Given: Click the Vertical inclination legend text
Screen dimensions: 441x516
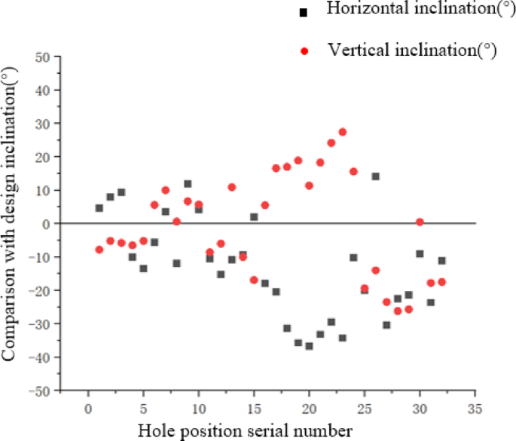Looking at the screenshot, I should click(x=413, y=50).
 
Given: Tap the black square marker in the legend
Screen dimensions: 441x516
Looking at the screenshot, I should click(x=304, y=12).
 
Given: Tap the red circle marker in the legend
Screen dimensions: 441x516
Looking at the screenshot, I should click(x=304, y=51).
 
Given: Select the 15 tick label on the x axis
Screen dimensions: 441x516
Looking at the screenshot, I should click(x=254, y=409).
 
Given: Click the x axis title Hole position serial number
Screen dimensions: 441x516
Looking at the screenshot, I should click(x=244, y=430).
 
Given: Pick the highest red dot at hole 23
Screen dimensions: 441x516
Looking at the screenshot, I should click(x=343, y=132).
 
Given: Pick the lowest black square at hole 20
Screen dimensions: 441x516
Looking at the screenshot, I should click(x=309, y=346).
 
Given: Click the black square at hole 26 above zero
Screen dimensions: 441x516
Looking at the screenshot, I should click(x=375, y=176).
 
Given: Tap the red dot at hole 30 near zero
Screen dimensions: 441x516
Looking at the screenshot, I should click(x=420, y=222).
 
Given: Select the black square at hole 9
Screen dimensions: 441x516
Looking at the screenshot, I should click(x=188, y=184).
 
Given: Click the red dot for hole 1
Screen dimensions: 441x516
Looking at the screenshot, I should click(x=99, y=250).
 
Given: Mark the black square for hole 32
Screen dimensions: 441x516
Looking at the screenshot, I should click(x=442, y=261).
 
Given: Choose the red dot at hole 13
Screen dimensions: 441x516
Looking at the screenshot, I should click(x=232, y=187).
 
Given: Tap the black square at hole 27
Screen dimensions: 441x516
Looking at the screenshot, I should click(x=386, y=325).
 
